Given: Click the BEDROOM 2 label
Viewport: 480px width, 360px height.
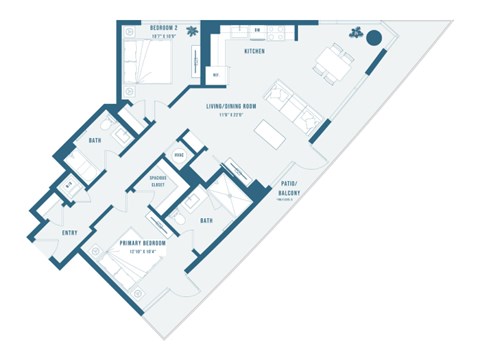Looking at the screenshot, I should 163,27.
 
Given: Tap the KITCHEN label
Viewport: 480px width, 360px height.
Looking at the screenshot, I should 254,49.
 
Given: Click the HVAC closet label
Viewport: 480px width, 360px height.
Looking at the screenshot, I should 180,155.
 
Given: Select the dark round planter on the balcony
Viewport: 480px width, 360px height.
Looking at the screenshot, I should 374,39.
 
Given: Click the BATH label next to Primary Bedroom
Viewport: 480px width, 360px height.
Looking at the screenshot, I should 206,221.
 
